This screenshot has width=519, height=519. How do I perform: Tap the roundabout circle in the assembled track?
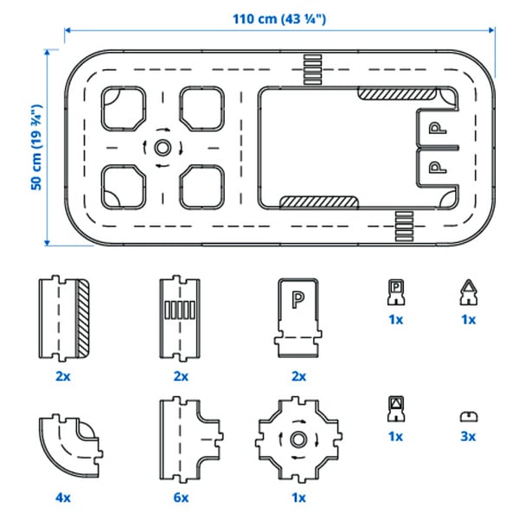[x=163, y=147]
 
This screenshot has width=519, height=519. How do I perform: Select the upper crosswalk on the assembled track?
[x=311, y=67]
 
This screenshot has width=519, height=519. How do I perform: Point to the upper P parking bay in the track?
[x=439, y=129]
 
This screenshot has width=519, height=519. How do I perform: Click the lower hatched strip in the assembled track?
[x=317, y=202]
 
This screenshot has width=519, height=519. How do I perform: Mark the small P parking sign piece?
[x=394, y=293]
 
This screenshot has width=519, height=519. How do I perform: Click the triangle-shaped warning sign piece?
[x=468, y=295]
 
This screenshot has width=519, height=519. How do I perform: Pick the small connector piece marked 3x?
[x=468, y=416]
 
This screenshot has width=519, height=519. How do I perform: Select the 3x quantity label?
[x=468, y=437]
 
